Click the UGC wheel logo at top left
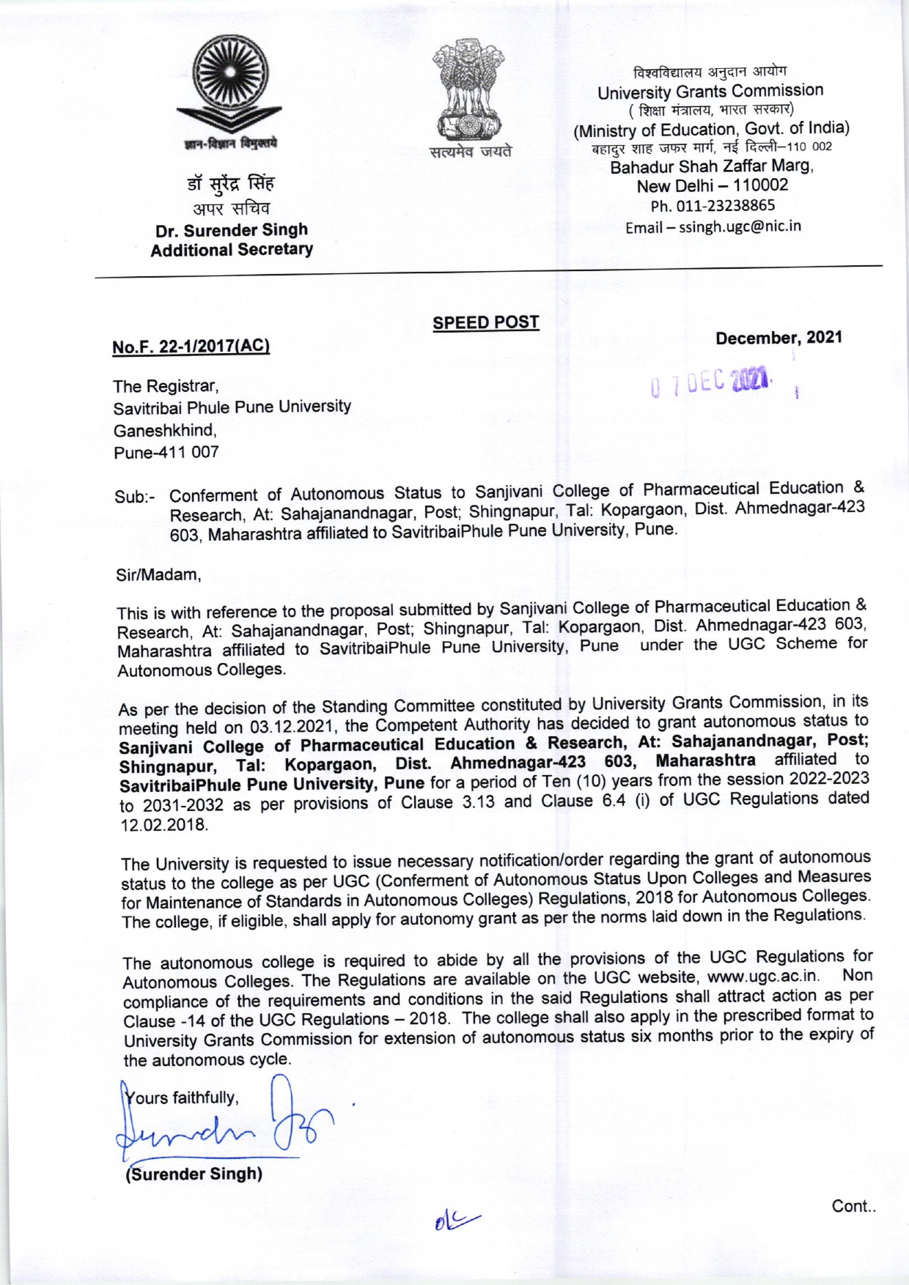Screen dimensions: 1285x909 coord(230,82)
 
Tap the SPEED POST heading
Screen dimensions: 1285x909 coord(485,322)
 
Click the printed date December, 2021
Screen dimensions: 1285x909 coord(779,338)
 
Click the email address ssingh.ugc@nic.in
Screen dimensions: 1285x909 coord(740,226)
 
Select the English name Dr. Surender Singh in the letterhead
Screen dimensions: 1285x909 coord(231,230)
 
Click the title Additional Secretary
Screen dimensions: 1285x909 coord(231,250)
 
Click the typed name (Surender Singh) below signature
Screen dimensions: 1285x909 coord(194,1174)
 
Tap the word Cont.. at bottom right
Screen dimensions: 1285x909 coord(853,1206)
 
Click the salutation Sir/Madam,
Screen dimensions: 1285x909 coord(158,575)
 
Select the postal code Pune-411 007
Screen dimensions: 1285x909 coord(166,452)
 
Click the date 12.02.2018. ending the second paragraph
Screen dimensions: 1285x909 coord(163,824)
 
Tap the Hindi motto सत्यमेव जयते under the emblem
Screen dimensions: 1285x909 coord(471,152)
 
